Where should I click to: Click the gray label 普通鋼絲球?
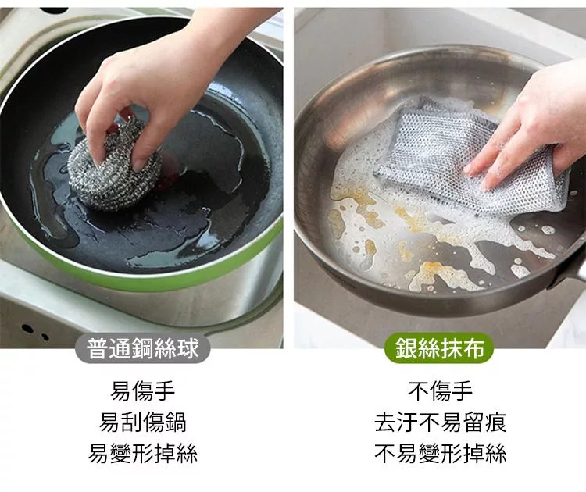point(143,348)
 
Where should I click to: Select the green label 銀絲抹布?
point(439,348)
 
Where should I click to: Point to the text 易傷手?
point(143,390)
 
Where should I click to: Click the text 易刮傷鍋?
point(143,422)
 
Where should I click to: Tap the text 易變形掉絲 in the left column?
point(143,454)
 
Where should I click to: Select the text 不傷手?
point(440,390)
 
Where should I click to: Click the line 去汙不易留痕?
point(440,422)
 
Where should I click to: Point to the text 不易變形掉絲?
point(440,454)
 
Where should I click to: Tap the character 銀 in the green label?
point(406,348)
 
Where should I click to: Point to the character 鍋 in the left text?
point(175,422)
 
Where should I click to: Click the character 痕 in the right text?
point(495,422)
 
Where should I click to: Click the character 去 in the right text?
point(385,422)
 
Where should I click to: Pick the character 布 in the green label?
point(473,348)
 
